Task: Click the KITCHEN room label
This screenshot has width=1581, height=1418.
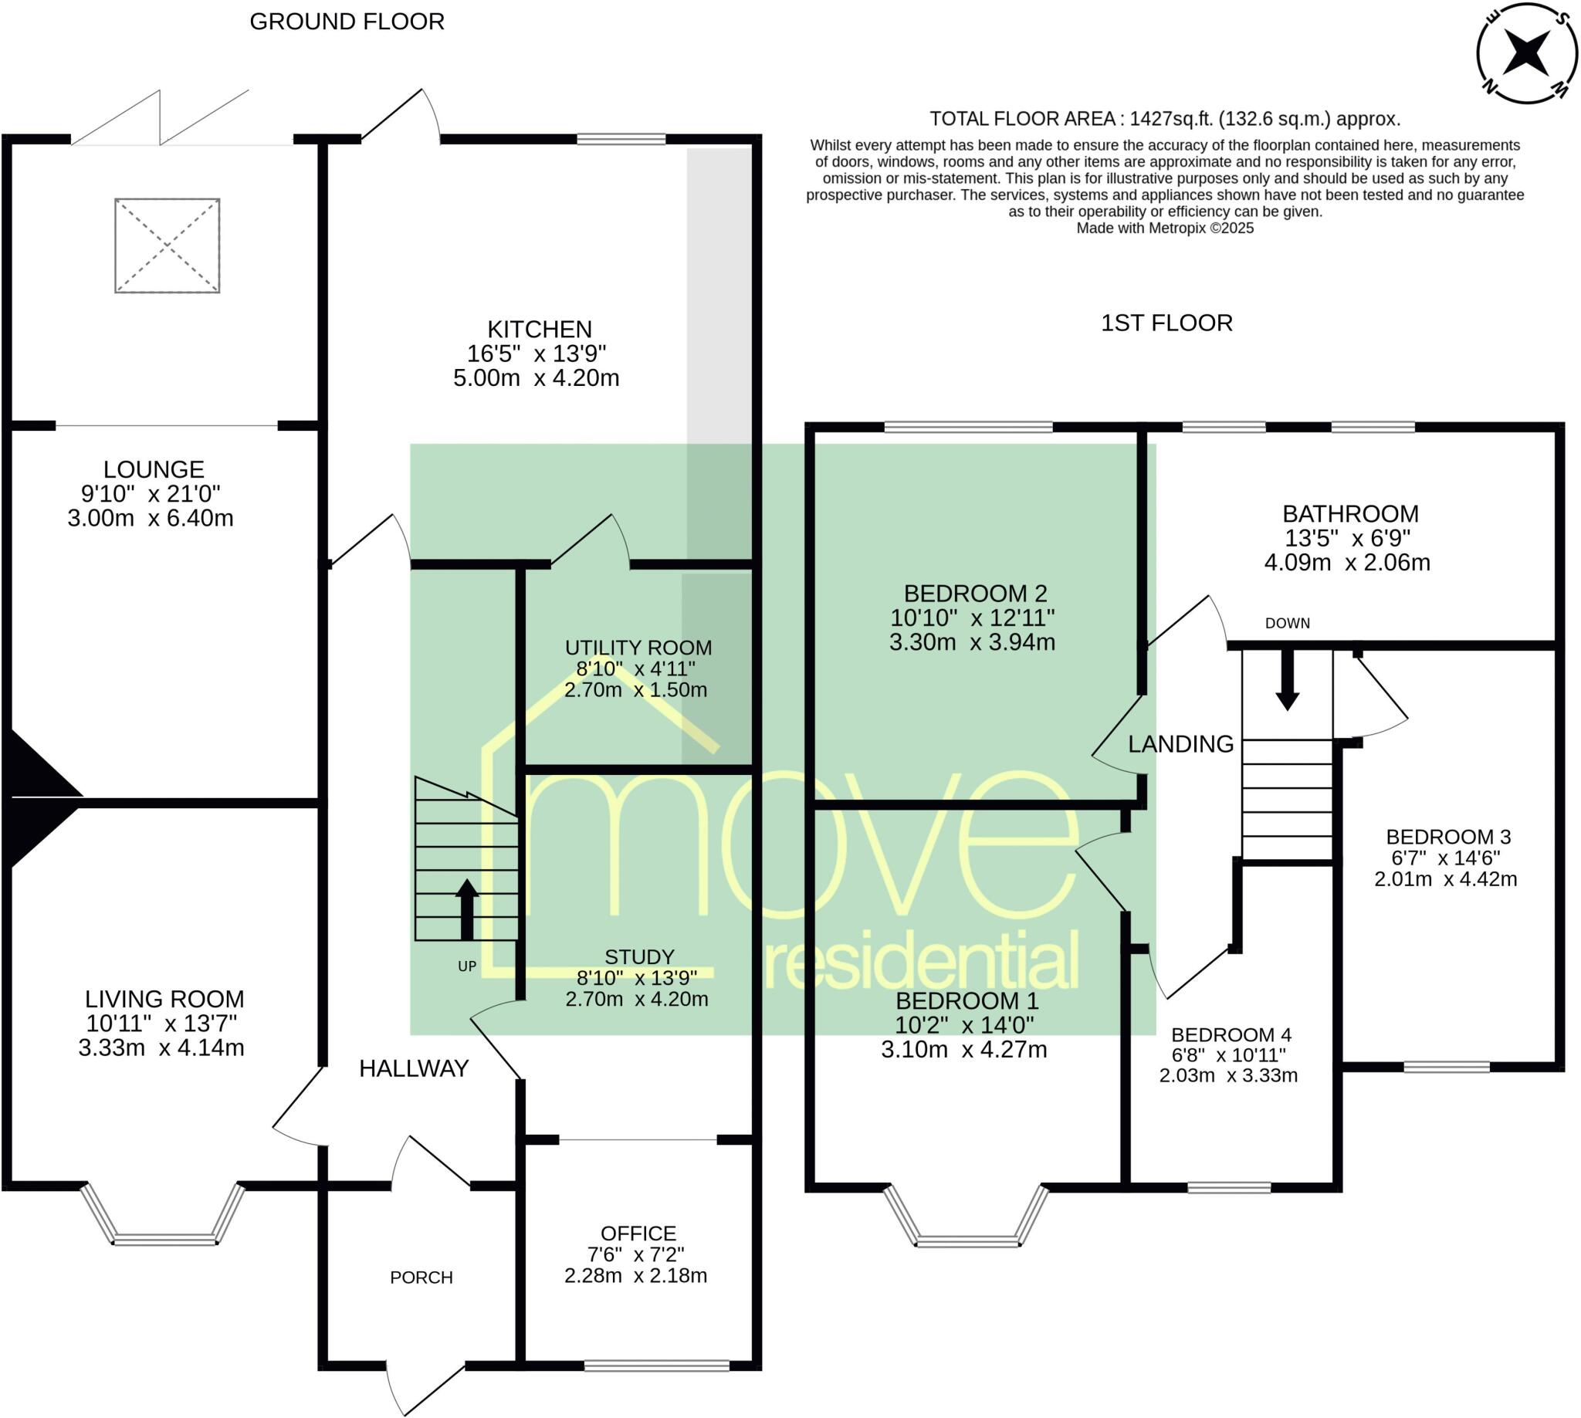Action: coord(539,329)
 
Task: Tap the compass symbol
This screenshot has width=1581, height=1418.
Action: coord(1527,53)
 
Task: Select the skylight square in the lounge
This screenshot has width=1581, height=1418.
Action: coord(168,245)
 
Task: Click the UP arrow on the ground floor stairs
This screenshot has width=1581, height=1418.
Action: coord(467,909)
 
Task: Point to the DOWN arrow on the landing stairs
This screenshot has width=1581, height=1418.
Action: coord(1286,679)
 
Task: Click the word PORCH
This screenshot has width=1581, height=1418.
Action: coord(421,1277)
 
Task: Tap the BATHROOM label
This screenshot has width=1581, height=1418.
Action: coord(1350,513)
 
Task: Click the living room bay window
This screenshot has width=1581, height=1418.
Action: coord(164,1215)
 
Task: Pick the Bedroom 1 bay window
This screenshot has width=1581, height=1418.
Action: coord(967,1217)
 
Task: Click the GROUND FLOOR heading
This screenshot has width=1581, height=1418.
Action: coord(347,22)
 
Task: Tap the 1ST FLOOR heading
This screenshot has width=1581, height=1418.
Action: coord(1166,323)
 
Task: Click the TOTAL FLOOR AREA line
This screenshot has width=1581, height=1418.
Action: coord(1165,119)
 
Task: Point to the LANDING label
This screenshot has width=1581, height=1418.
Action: coord(1180,744)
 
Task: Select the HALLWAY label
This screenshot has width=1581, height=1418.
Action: coord(414,1068)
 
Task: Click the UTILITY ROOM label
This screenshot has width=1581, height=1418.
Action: coord(638,648)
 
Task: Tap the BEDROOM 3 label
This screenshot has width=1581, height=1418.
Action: coord(1448,837)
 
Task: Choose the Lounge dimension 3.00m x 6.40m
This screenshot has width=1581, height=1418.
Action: coord(151,518)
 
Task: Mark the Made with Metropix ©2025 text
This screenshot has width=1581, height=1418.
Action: coord(1165,228)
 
